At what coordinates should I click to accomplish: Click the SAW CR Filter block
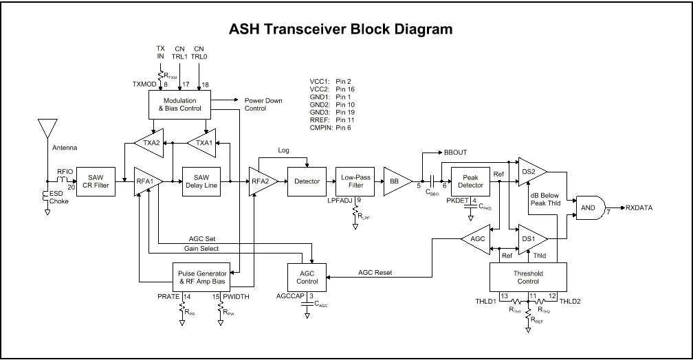94,181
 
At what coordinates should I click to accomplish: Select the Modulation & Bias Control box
179,104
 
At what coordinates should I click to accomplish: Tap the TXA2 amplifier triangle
150,142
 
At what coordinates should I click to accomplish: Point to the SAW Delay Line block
201,181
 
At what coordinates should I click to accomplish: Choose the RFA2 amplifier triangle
262,181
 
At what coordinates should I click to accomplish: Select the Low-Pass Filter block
355,181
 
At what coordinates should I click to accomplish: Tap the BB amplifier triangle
395,181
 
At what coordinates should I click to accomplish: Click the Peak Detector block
470,181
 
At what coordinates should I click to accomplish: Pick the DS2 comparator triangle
531,170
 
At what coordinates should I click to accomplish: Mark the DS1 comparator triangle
531,238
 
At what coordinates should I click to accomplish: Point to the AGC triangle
476,238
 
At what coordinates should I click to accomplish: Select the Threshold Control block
527,277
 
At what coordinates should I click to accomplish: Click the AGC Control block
307,277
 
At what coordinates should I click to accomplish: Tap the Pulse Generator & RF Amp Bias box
202,277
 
